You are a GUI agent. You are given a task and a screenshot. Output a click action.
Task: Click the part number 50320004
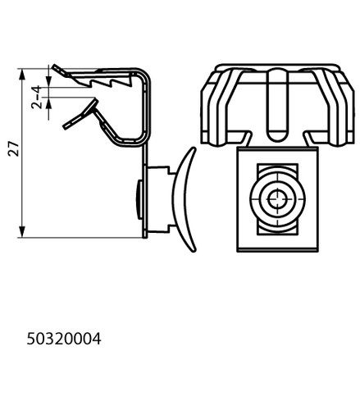pos(64,339)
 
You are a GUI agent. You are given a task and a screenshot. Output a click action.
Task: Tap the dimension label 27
pos(14,149)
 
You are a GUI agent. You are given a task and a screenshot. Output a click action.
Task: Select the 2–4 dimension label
pos(36,98)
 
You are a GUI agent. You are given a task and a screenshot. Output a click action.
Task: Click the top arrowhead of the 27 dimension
pos(22,75)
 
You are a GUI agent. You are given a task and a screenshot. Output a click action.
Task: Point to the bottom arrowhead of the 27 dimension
pos(22,232)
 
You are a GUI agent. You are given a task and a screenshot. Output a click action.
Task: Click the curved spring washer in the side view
pos(184,199)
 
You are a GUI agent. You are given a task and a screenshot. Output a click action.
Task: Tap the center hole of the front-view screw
pos(277,199)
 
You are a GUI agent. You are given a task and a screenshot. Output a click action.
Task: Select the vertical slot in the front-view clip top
pos(277,105)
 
